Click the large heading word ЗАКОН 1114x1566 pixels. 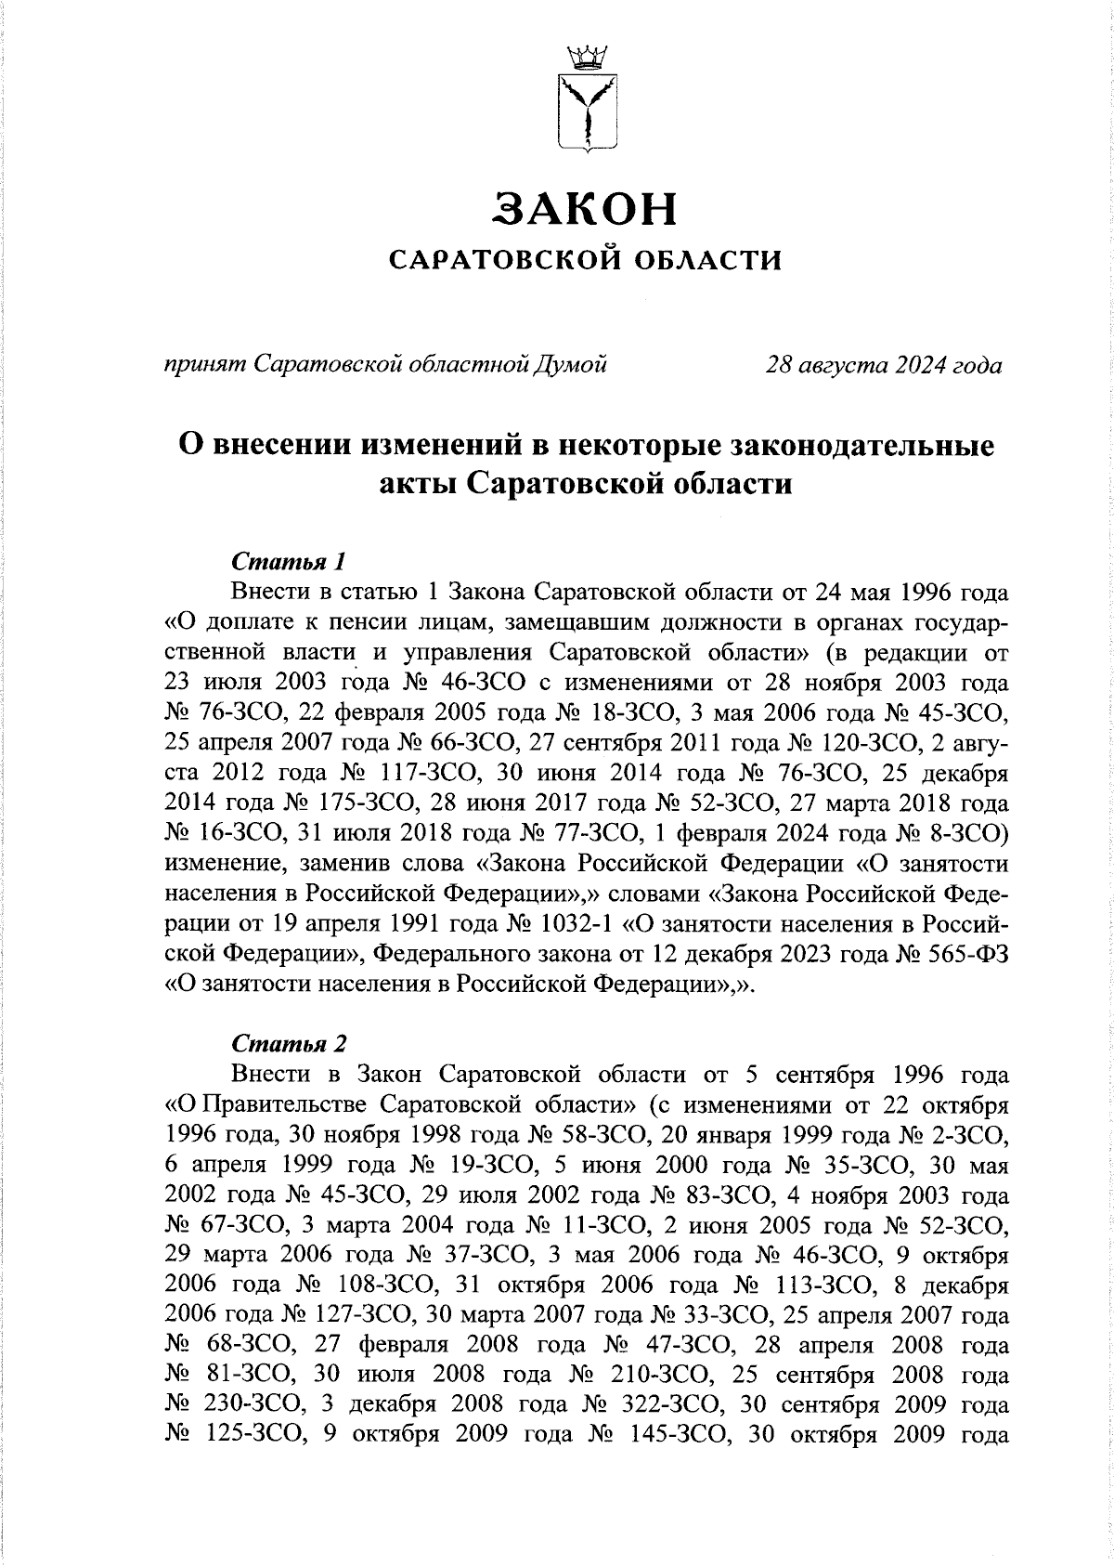pos(585,209)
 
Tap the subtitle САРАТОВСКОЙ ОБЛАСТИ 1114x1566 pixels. pos(585,261)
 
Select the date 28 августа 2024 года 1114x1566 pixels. pos(883,365)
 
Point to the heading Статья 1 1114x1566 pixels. pos(289,562)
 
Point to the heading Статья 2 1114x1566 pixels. pos(289,1044)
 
